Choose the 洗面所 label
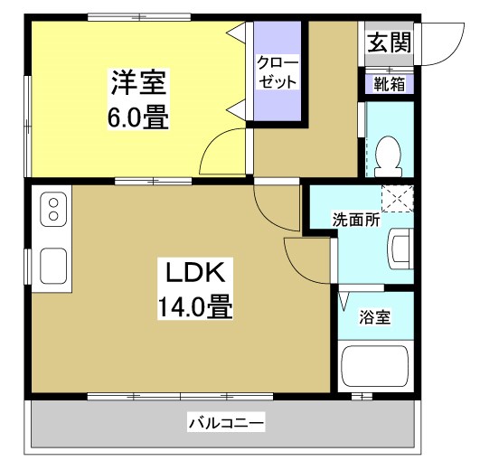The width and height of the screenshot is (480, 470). [x=355, y=219]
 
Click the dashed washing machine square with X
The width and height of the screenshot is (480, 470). [x=397, y=198]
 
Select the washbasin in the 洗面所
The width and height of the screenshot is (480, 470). [x=400, y=246]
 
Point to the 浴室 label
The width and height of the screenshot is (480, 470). [x=375, y=317]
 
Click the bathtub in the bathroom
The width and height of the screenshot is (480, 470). [x=375, y=366]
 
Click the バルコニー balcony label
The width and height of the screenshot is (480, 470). [x=226, y=422]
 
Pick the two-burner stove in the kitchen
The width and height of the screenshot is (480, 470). [x=53, y=210]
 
